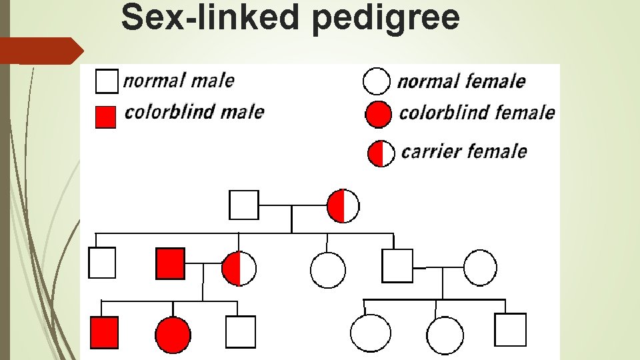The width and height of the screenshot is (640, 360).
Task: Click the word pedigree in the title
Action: (x=385, y=18)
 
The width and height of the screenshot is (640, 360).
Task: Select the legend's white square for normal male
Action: (x=107, y=81)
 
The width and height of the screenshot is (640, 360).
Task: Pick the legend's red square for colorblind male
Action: (x=105, y=117)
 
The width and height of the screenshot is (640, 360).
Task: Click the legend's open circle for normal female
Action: (x=376, y=81)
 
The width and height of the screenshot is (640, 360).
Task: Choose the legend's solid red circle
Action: (x=379, y=115)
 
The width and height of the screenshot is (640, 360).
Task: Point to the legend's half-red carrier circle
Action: (x=381, y=153)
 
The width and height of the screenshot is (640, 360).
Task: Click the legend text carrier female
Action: (x=463, y=152)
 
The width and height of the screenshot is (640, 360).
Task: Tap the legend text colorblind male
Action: (x=194, y=111)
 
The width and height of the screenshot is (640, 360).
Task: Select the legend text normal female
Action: (x=461, y=82)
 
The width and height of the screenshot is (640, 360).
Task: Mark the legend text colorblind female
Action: (x=477, y=113)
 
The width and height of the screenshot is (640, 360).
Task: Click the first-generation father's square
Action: (x=243, y=205)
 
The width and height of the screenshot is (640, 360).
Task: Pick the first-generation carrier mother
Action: (x=343, y=205)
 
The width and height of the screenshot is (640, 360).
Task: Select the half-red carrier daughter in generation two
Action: (x=239, y=269)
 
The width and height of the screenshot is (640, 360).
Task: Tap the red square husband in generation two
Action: (x=171, y=263)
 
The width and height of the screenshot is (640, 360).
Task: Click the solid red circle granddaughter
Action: (x=173, y=335)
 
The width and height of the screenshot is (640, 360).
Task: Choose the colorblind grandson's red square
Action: (x=104, y=332)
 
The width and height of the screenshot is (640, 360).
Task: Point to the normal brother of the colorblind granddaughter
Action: (x=240, y=331)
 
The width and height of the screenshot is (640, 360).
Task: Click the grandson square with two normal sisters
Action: (x=510, y=329)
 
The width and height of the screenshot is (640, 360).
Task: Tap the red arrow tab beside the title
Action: (x=40, y=50)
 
